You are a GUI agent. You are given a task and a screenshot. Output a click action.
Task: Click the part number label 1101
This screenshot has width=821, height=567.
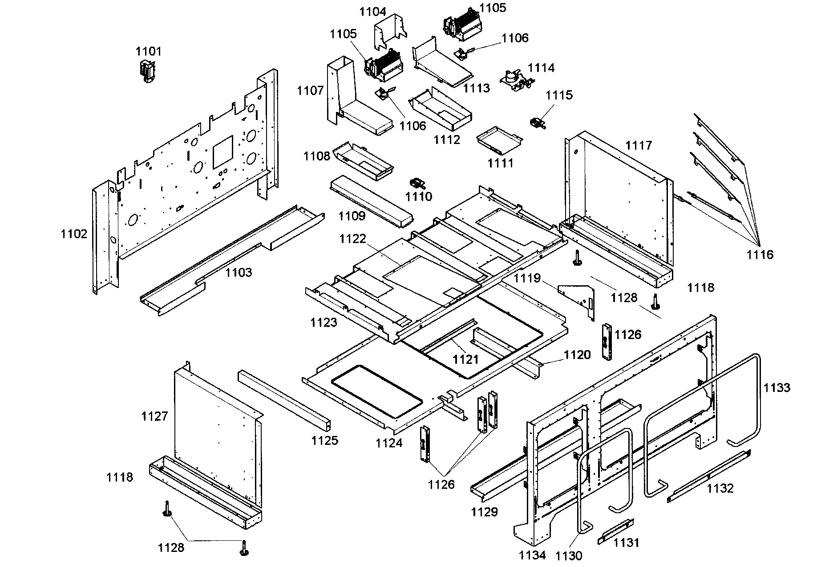coord(149,52)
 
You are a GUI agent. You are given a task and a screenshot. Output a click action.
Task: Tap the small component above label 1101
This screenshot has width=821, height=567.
coord(148,71)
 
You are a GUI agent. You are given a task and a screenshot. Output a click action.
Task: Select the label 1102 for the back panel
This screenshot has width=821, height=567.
coord(74,234)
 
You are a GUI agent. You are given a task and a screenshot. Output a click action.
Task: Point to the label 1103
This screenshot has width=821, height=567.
coord(239,272)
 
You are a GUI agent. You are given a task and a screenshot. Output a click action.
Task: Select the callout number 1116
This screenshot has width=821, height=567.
coord(760,255)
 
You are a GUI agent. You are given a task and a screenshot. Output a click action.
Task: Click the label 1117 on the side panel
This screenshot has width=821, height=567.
coord(638,145)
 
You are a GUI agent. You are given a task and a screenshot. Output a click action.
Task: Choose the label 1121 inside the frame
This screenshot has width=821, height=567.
coord(465,359)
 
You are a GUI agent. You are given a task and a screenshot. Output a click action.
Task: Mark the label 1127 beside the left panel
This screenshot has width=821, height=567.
coord(154,416)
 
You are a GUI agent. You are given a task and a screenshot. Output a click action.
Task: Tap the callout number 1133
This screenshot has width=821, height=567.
coord(777,387)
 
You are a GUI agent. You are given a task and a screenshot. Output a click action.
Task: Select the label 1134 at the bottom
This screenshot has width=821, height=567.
coord(532,555)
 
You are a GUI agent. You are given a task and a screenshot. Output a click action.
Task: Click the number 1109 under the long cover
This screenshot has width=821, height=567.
coord(352,216)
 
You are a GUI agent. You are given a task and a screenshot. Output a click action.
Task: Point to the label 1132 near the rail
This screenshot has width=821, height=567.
coord(720,488)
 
